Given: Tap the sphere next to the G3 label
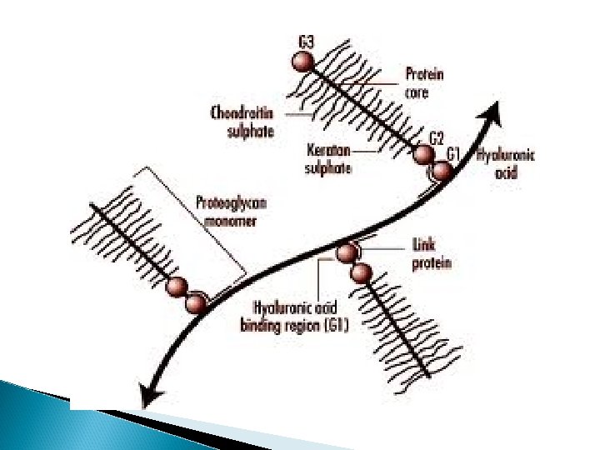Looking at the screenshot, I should click(302, 62).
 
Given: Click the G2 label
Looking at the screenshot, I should click(437, 137).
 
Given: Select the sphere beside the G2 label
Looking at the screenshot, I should click(424, 156).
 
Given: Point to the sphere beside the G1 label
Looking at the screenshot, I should click(441, 172).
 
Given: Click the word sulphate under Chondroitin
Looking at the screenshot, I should click(250, 131).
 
